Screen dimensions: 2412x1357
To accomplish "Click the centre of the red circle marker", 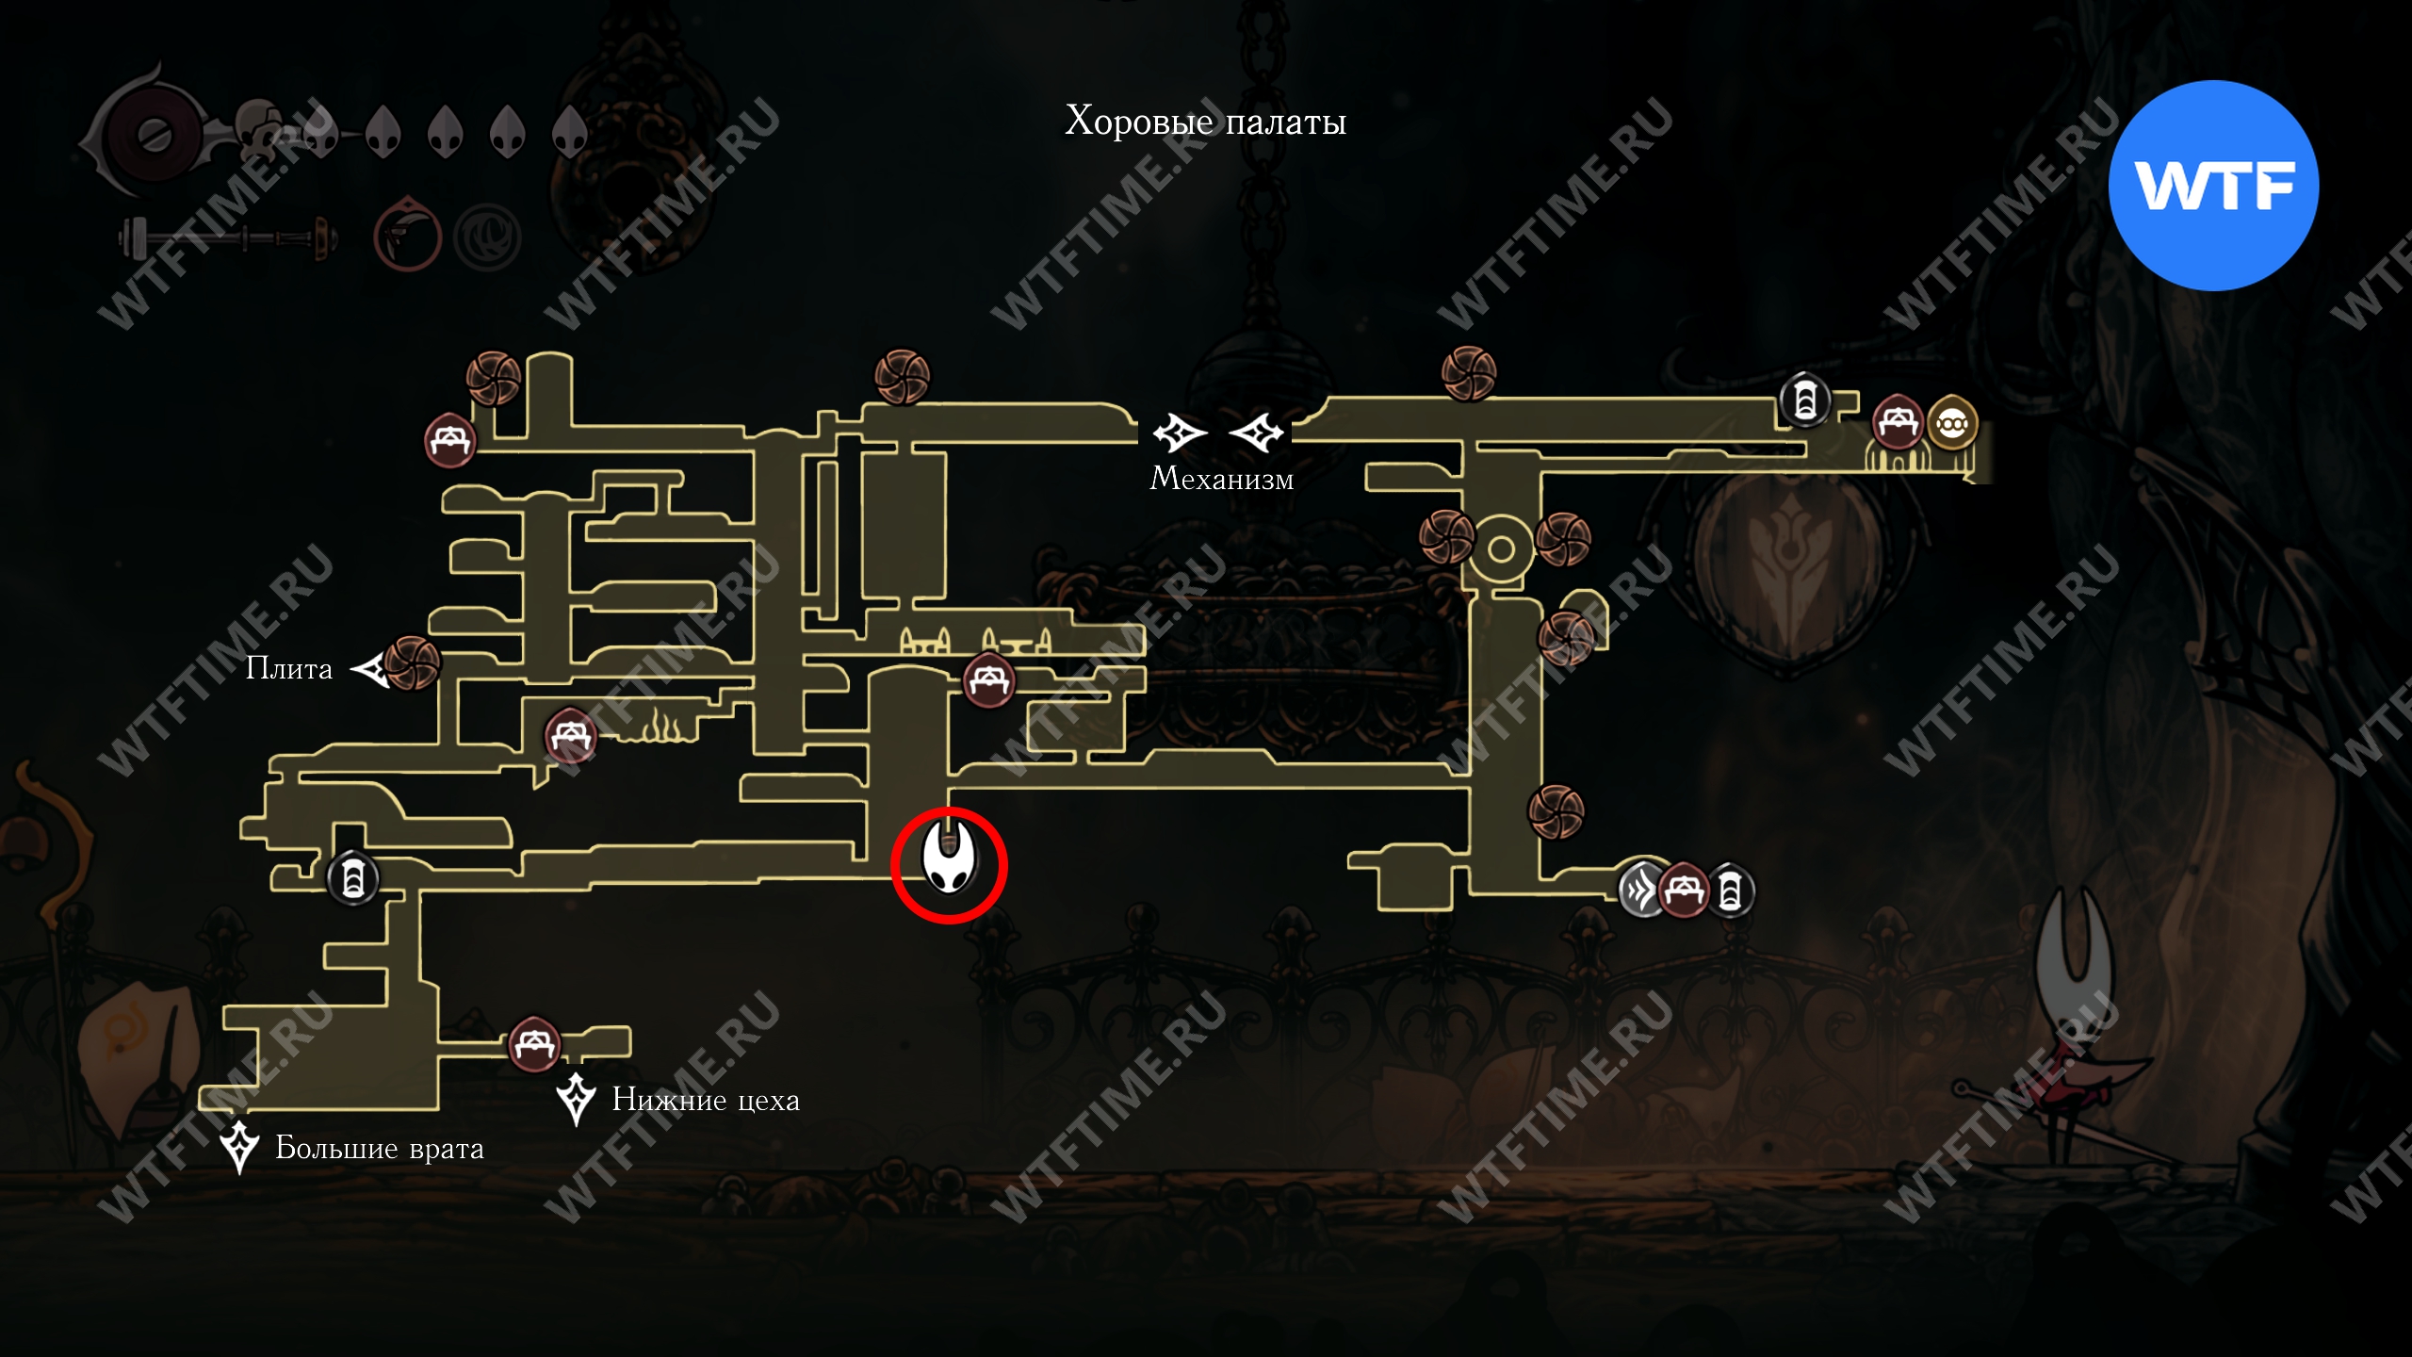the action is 949,864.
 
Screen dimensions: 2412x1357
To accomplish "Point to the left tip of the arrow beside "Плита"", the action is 350,670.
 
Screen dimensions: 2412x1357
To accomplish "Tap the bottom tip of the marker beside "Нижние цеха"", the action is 576,1125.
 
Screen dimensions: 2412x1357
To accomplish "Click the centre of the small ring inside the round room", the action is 1501,548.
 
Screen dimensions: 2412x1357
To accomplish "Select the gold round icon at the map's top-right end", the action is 1951,424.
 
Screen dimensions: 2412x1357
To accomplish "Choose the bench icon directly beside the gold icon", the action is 1898,422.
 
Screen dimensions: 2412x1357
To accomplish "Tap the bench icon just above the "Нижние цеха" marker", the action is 534,1043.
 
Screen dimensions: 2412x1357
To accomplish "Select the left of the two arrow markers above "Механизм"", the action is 1179,433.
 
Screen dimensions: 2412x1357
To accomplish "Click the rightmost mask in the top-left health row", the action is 568,131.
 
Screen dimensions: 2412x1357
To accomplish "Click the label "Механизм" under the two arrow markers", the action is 1221,479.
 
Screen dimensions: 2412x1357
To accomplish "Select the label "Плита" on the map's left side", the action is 289,668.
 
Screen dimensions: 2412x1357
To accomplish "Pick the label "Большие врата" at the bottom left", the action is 380,1149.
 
